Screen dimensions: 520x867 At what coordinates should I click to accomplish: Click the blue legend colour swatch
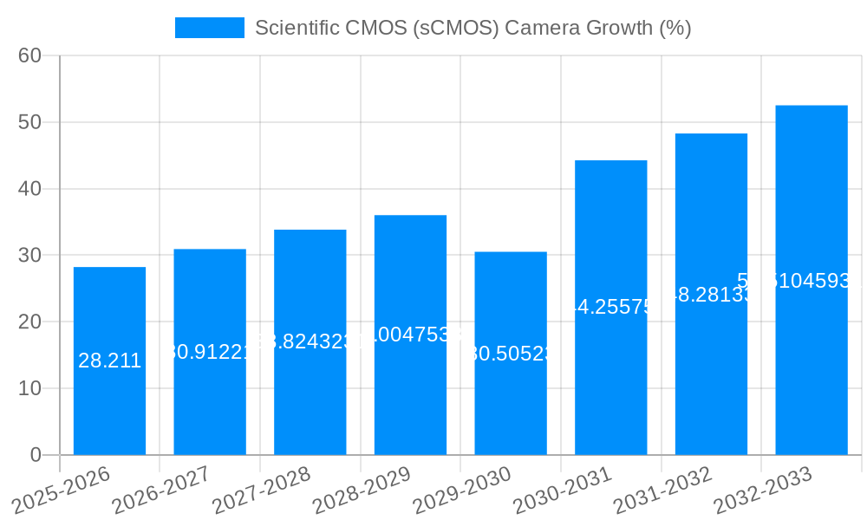[x=210, y=28]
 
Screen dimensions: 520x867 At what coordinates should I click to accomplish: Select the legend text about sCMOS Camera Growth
[x=473, y=28]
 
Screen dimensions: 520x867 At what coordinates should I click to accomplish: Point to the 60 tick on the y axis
[x=30, y=55]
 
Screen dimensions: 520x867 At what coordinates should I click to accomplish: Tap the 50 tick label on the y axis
[x=30, y=122]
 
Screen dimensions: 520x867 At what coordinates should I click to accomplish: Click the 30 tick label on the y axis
[x=30, y=255]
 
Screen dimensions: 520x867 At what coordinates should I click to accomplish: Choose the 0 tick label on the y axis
[x=36, y=454]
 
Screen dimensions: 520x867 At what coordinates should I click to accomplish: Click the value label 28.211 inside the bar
[x=109, y=361]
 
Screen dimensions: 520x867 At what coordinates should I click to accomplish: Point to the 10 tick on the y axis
[x=30, y=388]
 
